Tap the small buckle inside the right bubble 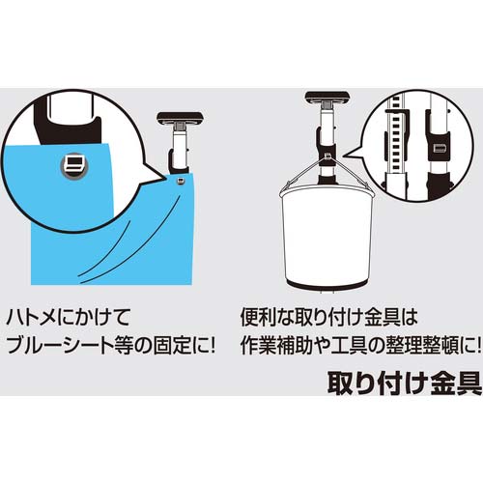(439, 148)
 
